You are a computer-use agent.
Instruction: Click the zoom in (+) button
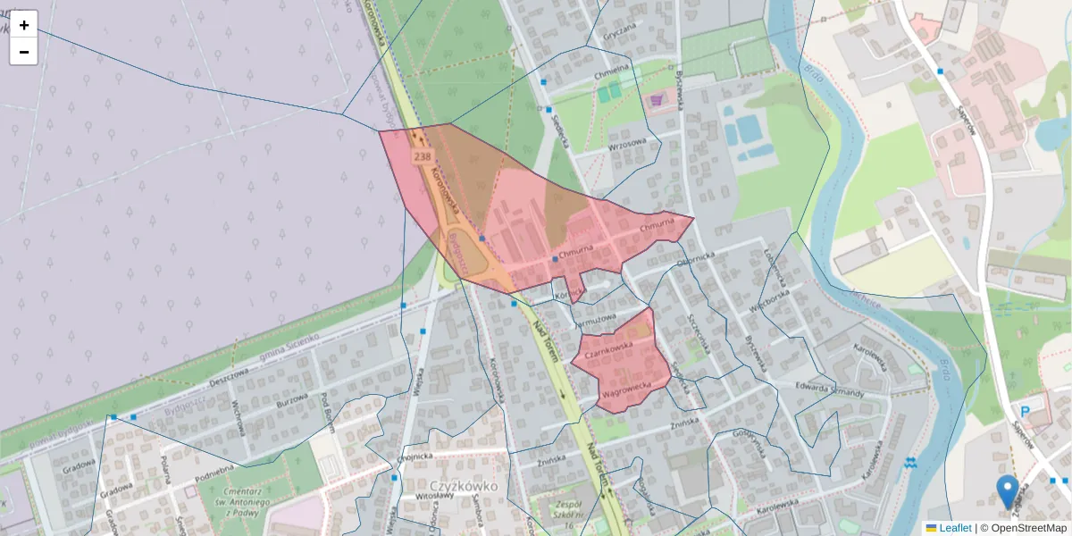pos(24,25)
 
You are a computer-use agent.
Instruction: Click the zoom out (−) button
pos(24,52)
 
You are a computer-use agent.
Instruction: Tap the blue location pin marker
pos(1007,491)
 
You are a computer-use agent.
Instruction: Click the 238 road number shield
pos(422,156)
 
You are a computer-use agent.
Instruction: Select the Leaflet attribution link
pos(954,528)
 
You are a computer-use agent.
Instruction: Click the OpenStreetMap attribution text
pos(1026,528)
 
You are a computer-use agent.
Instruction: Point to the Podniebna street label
pos(214,466)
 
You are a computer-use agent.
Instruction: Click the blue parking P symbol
pos(1026,412)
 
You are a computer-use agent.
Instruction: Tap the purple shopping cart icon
pos(658,99)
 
